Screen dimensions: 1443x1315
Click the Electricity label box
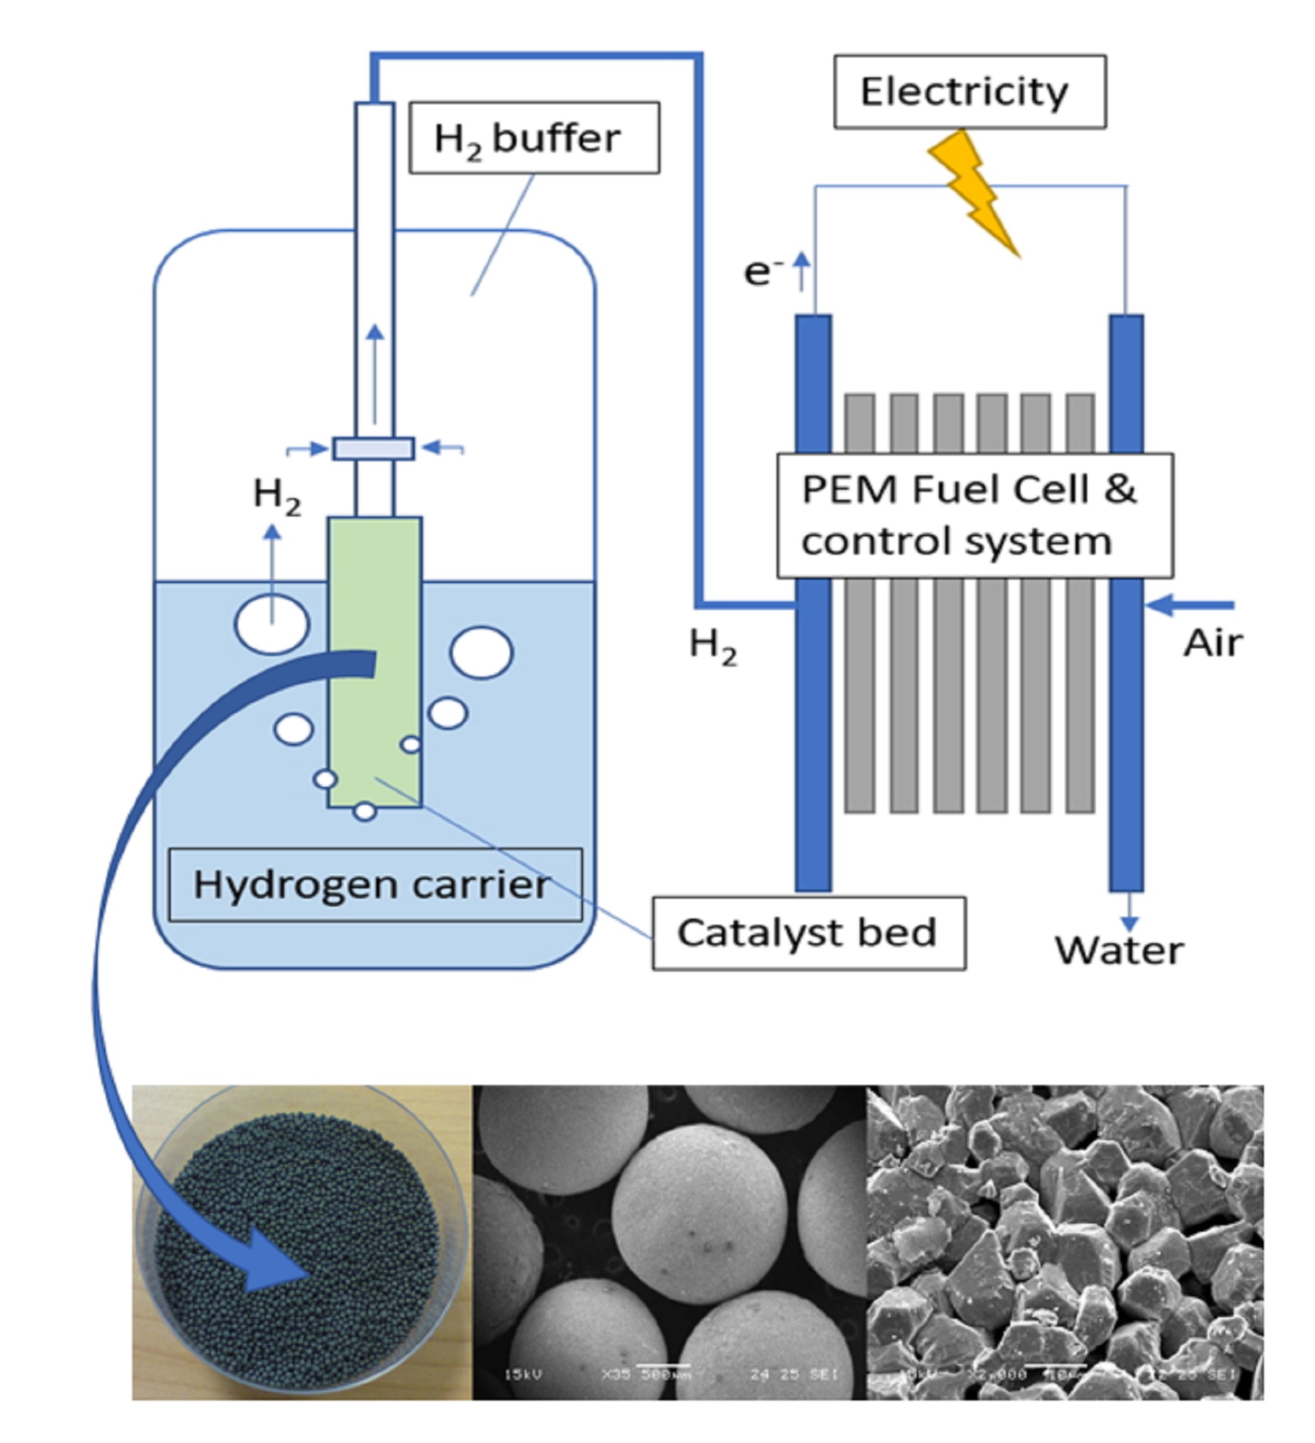pos(969,92)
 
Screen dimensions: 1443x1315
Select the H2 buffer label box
pos(534,138)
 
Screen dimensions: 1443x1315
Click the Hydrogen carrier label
pos(375,885)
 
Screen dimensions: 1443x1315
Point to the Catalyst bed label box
pos(808,934)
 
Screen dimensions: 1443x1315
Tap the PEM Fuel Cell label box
pos(974,516)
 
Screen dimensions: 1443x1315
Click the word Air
pos(1213,644)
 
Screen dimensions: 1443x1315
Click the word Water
pos(1118,951)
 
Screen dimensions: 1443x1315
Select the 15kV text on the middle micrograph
pos(524,1374)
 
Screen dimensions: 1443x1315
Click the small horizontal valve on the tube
pos(374,449)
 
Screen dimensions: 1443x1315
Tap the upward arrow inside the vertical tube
pos(375,373)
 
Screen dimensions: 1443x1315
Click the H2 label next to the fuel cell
pos(712,647)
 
